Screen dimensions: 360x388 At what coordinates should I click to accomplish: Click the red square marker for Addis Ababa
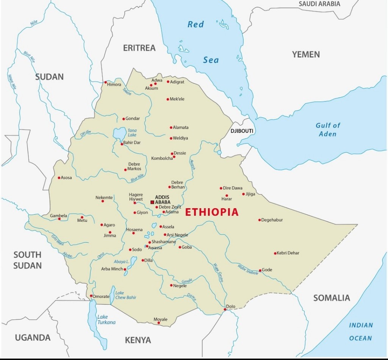click(152, 202)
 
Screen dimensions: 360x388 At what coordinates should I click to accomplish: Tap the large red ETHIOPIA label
click(212, 212)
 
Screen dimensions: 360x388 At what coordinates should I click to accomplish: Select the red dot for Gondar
click(124, 118)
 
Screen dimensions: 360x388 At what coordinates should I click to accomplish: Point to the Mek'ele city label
click(177, 99)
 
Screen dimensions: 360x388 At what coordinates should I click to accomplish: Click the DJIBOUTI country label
click(242, 131)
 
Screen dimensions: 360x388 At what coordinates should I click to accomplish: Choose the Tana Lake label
click(132, 132)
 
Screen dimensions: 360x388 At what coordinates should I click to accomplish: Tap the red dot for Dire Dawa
click(221, 188)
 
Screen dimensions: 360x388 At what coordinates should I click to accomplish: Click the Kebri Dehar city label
click(288, 253)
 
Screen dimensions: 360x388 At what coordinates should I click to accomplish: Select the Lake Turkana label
click(106, 319)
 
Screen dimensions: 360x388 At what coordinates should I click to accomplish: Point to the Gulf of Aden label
click(328, 129)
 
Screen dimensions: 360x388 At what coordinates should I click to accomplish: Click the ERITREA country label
click(139, 48)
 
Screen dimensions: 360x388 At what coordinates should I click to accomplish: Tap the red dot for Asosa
click(59, 178)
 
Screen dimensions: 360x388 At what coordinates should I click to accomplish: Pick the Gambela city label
click(58, 216)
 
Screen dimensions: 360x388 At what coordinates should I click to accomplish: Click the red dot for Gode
click(260, 270)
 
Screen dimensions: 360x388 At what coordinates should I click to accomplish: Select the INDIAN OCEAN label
click(361, 332)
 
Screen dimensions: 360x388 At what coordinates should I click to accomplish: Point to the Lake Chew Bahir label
click(125, 295)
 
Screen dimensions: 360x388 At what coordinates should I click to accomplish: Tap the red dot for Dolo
click(225, 310)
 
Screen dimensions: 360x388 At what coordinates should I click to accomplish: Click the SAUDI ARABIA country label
click(319, 4)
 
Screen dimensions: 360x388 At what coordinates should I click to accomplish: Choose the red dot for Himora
click(106, 82)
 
